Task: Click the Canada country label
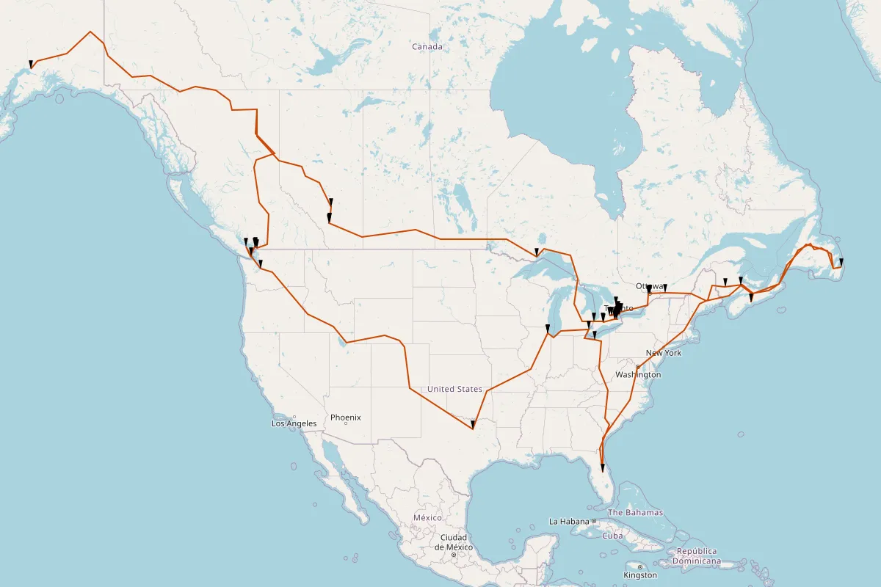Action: click(x=427, y=47)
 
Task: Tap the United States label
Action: click(x=454, y=389)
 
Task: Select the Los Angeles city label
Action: click(x=294, y=423)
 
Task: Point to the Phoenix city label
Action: click(x=345, y=418)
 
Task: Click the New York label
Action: click(x=664, y=353)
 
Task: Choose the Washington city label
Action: click(x=639, y=374)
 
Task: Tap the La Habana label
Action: click(x=569, y=521)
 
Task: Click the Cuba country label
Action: click(x=612, y=536)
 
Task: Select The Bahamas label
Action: click(x=635, y=512)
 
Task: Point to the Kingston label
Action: click(x=640, y=575)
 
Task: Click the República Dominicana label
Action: click(x=698, y=556)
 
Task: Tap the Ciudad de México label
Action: click(x=454, y=542)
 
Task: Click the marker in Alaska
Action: click(x=30, y=65)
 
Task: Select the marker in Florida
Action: click(x=602, y=467)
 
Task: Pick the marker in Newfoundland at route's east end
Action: click(x=841, y=262)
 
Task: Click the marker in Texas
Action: click(x=473, y=424)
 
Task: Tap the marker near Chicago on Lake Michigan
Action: click(x=548, y=328)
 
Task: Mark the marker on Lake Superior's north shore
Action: click(x=537, y=252)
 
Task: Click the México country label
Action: click(x=427, y=517)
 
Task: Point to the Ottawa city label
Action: click(x=649, y=286)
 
